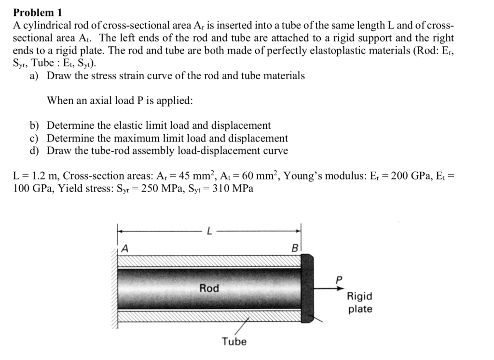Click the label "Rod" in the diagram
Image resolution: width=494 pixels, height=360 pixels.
click(x=209, y=288)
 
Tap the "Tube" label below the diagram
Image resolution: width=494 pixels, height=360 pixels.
click(x=234, y=342)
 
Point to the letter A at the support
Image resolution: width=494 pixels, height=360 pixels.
click(x=125, y=249)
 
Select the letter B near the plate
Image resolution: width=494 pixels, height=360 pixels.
click(x=295, y=249)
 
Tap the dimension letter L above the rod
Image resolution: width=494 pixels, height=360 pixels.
click(x=208, y=231)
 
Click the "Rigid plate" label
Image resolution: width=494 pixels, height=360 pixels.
click(x=360, y=303)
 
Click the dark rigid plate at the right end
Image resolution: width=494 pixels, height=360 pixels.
click(x=307, y=288)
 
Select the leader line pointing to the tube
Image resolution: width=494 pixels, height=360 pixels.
click(x=242, y=326)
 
